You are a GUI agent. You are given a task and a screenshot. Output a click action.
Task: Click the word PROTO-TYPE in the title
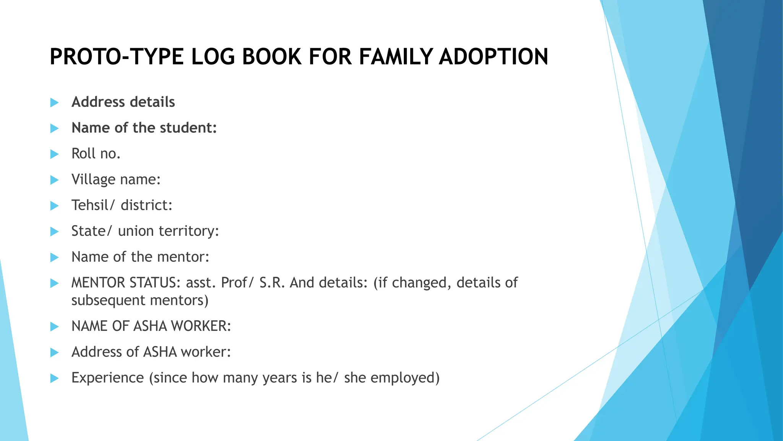117,57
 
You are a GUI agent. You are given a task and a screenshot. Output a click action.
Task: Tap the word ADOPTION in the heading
494,57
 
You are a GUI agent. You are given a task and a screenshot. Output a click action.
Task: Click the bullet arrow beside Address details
55,103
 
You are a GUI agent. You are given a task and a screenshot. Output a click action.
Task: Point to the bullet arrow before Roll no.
55,154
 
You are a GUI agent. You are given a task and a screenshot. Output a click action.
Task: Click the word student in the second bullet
188,128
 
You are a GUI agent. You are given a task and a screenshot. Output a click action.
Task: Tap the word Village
93,180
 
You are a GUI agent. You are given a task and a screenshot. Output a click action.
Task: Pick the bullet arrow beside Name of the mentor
55,257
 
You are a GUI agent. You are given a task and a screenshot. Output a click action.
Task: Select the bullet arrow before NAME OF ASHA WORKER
55,327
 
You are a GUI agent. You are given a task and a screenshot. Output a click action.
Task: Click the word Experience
107,378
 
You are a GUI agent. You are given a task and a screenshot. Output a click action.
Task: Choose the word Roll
83,154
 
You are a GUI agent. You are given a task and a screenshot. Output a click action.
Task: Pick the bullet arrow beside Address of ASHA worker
55,353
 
